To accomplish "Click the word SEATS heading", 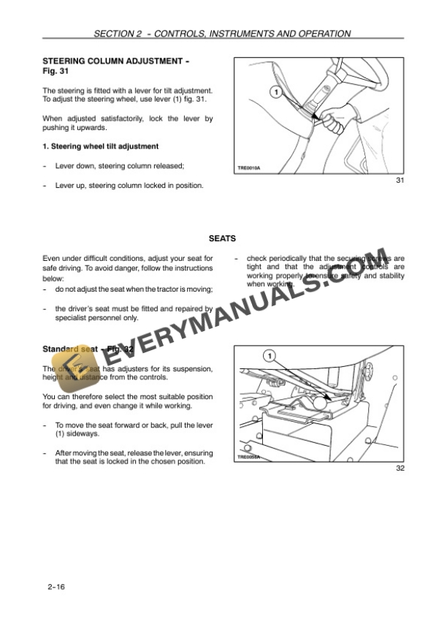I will [x=222, y=238].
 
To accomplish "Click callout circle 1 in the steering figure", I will [x=274, y=92].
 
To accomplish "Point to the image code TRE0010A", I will [x=249, y=168].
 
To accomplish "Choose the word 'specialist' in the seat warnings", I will [x=75, y=318].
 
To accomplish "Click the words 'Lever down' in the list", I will [x=74, y=166].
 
